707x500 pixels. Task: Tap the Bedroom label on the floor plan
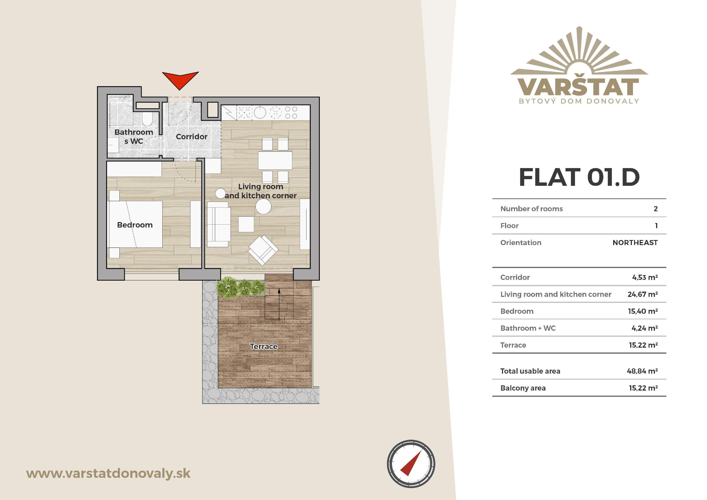click(x=135, y=225)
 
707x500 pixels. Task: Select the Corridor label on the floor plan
click(x=191, y=137)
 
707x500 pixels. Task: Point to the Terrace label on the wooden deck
click(x=264, y=346)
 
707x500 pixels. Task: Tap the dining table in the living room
click(x=275, y=160)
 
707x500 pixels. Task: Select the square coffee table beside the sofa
click(x=246, y=224)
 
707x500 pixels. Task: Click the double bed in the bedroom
click(x=135, y=224)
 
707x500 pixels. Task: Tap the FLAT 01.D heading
click(x=579, y=177)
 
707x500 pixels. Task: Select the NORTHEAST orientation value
click(x=635, y=243)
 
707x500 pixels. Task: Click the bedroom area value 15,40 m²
click(x=643, y=311)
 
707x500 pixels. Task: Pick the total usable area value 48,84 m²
click(x=642, y=371)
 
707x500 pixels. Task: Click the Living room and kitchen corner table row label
click(x=556, y=294)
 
